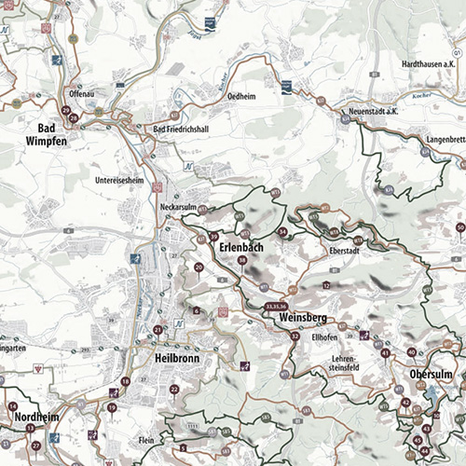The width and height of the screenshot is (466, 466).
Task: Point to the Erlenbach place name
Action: pyautogui.click(x=240, y=249)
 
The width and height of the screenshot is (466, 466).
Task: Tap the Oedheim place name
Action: pyautogui.click(x=267, y=95)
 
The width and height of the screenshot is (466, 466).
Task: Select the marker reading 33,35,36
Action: pyautogui.click(x=277, y=305)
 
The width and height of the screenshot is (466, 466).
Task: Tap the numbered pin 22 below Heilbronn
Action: pyautogui.click(x=173, y=389)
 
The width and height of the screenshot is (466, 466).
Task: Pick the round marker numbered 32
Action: pyautogui.click(x=295, y=336)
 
